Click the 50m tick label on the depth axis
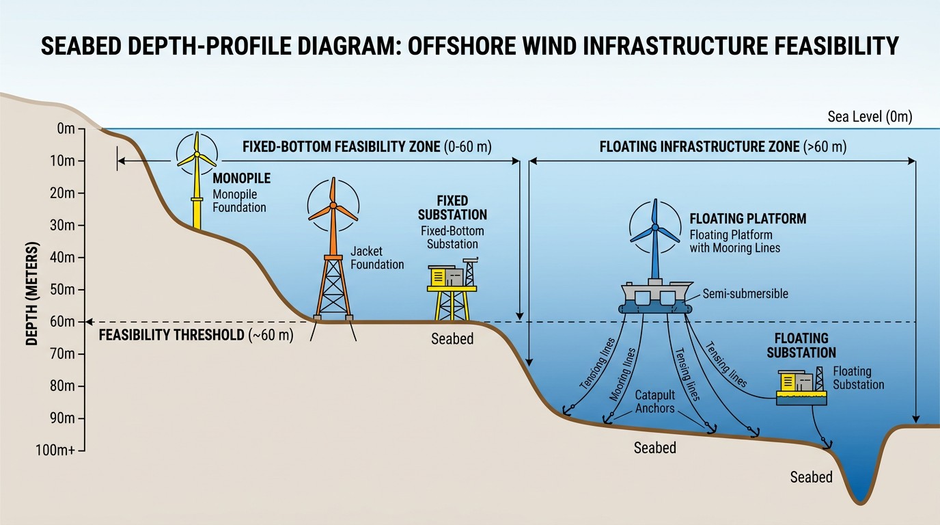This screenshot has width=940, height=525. click(62, 290)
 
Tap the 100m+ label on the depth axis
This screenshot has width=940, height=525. click(55, 450)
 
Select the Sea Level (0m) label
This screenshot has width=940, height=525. click(870, 116)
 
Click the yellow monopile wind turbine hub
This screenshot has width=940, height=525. click(197, 154)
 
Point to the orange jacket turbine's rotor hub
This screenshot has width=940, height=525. click(333, 205)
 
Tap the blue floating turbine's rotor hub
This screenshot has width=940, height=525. click(655, 227)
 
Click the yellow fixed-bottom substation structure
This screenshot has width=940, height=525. click(452, 289)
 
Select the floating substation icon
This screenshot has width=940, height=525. click(801, 386)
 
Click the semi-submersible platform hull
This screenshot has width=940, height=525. click(656, 297)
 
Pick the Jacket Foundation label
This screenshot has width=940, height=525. click(377, 258)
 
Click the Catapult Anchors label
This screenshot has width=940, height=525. click(654, 401)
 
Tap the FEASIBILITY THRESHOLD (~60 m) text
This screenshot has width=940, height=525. click(196, 335)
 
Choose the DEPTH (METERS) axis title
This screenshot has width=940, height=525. click(32, 293)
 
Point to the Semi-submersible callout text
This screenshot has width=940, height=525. click(745, 293)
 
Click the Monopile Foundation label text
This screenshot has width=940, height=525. click(239, 201)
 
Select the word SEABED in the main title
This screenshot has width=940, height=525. click(81, 46)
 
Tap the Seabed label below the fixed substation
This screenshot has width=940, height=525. click(452, 338)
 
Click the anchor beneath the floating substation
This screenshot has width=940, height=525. click(826, 444)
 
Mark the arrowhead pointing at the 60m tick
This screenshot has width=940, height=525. click(89, 322)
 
